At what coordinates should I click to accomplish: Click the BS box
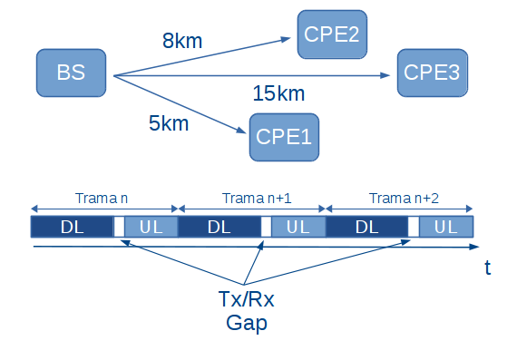(x=72, y=73)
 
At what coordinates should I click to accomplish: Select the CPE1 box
(x=284, y=137)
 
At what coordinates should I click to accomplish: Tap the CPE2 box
(x=332, y=36)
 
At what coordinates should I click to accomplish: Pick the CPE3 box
(x=433, y=73)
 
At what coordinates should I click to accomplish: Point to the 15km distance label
(x=279, y=93)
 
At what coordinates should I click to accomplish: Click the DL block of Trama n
(x=72, y=227)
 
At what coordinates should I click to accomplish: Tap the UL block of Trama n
(x=151, y=227)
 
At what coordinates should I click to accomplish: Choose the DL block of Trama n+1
(x=219, y=227)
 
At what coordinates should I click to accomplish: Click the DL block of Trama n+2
(x=366, y=227)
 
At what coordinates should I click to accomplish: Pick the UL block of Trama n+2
(x=445, y=227)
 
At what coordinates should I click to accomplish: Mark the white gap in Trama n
(x=118, y=227)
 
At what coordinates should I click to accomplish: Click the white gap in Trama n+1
(x=266, y=227)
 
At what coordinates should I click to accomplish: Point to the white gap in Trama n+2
(x=413, y=227)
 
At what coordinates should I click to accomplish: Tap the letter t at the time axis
(x=487, y=267)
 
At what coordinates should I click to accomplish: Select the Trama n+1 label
(x=251, y=198)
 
